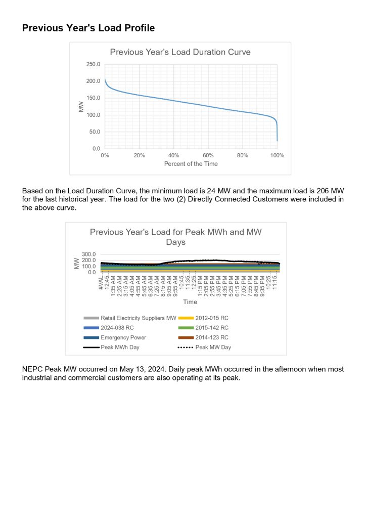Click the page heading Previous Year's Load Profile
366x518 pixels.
(x=88, y=28)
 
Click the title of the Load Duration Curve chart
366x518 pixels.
(x=180, y=52)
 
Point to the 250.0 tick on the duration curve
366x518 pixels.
(x=93, y=64)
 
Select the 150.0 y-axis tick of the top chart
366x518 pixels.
(x=93, y=98)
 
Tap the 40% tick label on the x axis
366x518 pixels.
(x=173, y=156)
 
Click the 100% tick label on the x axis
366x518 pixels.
(x=277, y=156)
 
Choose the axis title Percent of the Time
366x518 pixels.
(x=191, y=164)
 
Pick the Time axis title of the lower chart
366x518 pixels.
(x=190, y=302)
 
